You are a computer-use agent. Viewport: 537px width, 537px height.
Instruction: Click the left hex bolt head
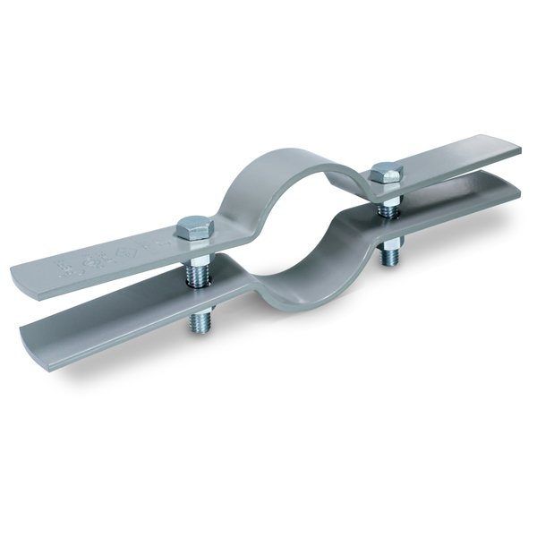click(191, 228)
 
